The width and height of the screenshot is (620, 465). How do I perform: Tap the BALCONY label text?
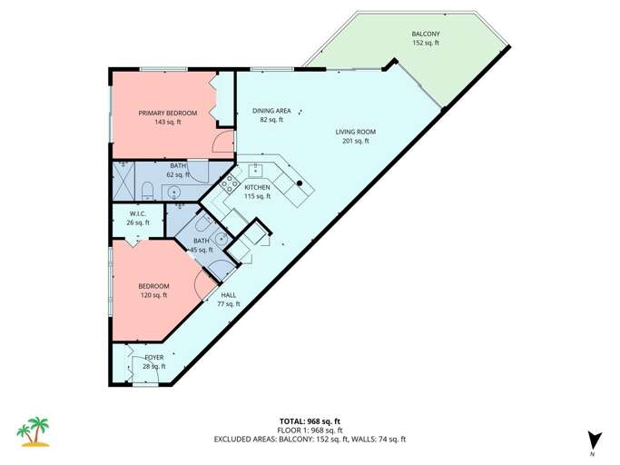click(425, 35)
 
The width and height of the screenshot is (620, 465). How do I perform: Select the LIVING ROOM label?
click(355, 132)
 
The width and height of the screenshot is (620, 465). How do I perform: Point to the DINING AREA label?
click(271, 111)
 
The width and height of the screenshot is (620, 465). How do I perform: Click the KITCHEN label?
click(258, 187)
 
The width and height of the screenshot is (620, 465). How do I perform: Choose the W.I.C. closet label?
click(138, 214)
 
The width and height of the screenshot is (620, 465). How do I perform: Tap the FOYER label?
click(154, 358)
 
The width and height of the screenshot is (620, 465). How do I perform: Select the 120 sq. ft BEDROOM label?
click(153, 287)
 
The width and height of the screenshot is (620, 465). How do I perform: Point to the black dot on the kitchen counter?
click(300, 183)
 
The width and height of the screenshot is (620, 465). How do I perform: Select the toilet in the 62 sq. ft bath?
click(147, 190)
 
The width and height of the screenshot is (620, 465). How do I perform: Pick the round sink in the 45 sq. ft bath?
click(220, 237)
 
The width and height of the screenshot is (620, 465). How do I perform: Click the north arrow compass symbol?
click(592, 439)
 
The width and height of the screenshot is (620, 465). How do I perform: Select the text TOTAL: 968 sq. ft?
click(310, 420)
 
